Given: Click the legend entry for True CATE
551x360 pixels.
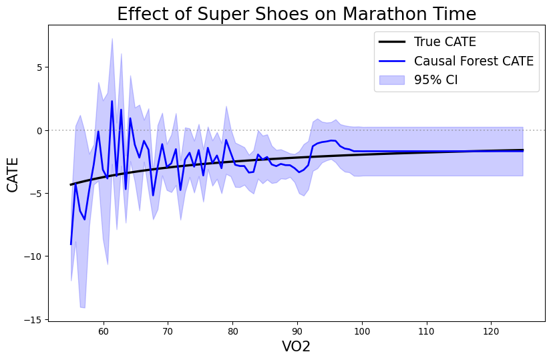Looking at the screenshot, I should click(x=445, y=42).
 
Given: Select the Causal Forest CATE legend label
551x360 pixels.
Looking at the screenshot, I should click(x=474, y=61).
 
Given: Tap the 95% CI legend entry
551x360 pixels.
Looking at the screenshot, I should click(x=439, y=80).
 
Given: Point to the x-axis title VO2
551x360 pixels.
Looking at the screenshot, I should click(x=297, y=347).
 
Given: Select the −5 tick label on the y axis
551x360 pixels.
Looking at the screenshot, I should click(x=37, y=194).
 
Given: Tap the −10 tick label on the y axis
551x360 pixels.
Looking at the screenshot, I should click(x=34, y=256).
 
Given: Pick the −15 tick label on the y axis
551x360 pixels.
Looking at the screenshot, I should click(x=34, y=320).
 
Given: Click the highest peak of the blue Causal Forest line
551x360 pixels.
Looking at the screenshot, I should click(x=112, y=102).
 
